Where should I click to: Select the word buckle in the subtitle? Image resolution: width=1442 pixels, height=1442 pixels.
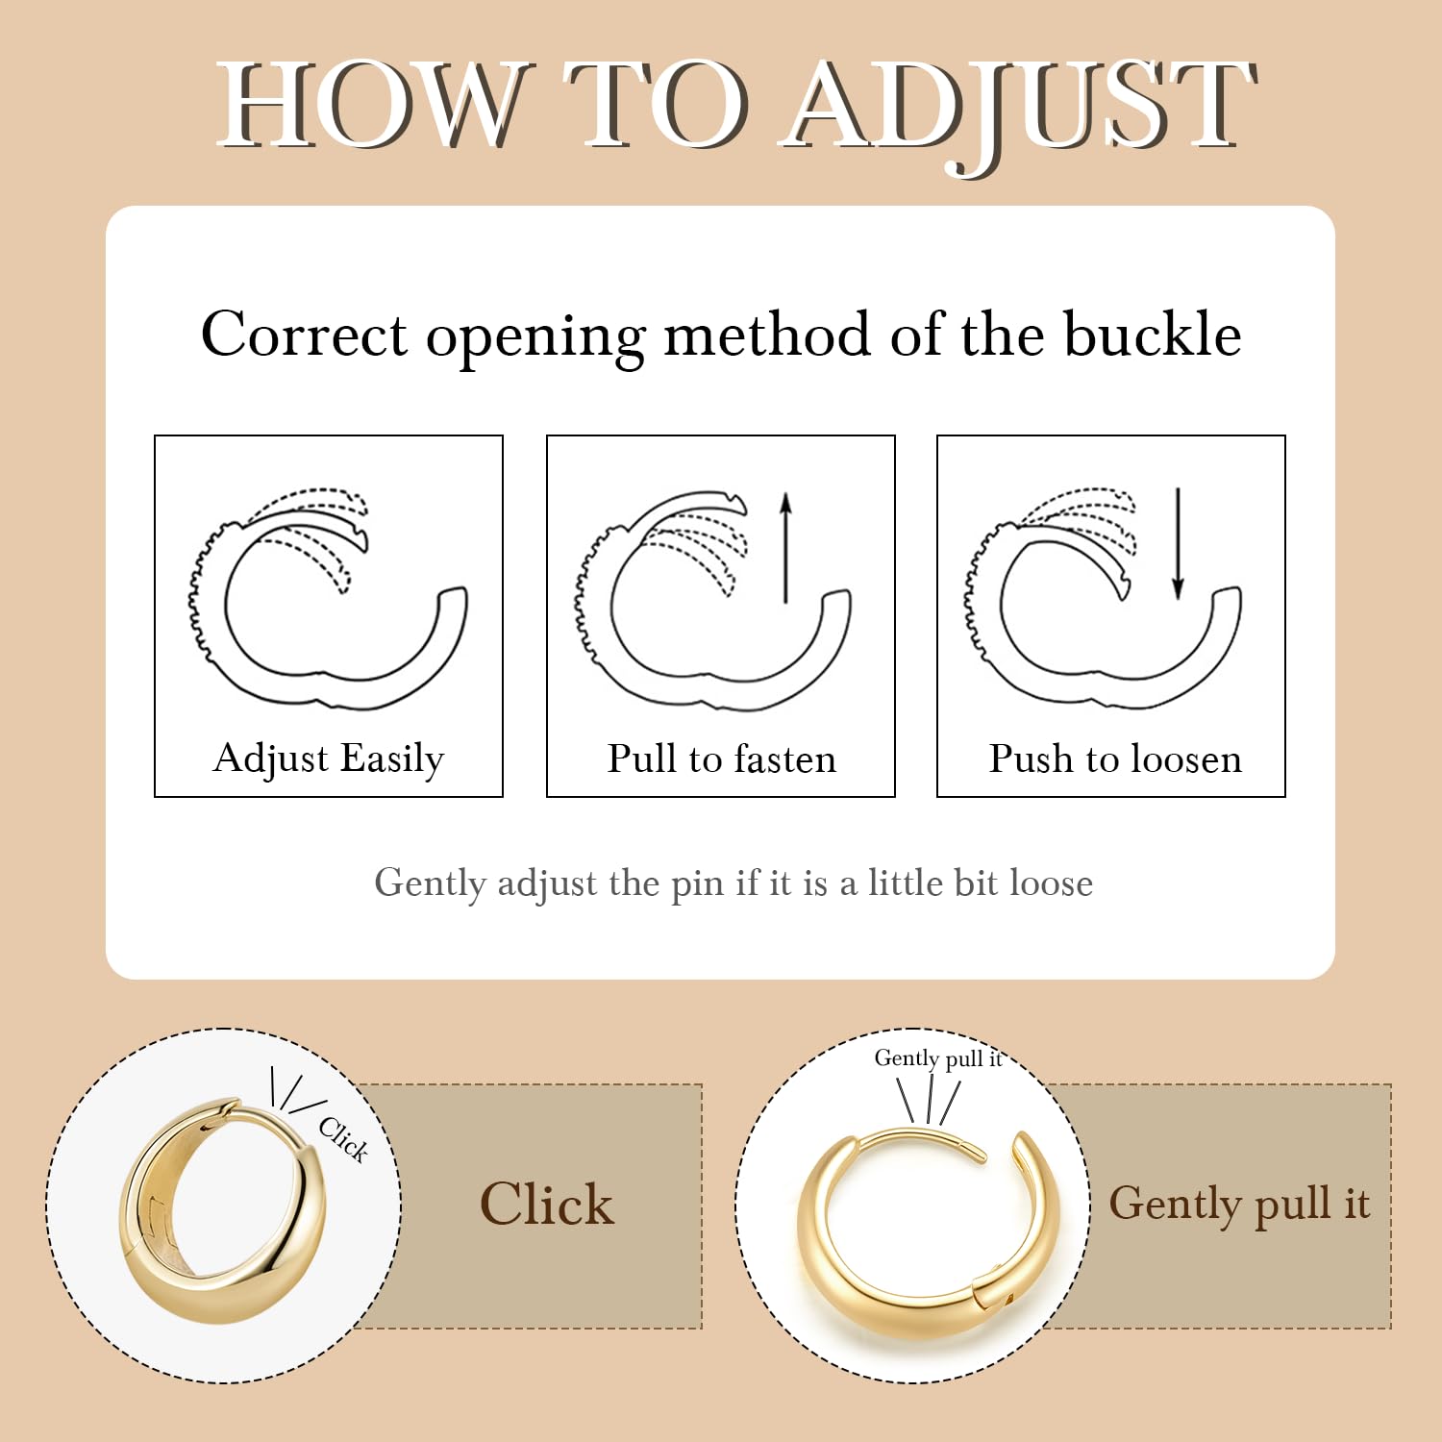1153,334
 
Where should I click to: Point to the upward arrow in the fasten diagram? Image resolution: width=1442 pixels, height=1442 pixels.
785,548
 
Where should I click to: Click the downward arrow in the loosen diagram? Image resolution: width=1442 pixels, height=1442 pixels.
1178,543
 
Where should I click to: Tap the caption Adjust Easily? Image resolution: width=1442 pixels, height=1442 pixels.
329,758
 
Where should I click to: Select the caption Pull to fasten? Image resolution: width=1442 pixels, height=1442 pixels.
722,758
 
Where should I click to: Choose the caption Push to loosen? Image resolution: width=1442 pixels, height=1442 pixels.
1115,758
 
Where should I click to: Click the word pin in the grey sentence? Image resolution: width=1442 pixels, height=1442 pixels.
697,884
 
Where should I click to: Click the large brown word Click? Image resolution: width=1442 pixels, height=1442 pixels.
547,1204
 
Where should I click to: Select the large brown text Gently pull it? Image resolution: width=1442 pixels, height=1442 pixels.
1239,1205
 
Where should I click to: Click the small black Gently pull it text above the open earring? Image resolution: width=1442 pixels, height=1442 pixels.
938,1058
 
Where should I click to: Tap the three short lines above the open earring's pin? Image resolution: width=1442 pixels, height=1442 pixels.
929,1100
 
